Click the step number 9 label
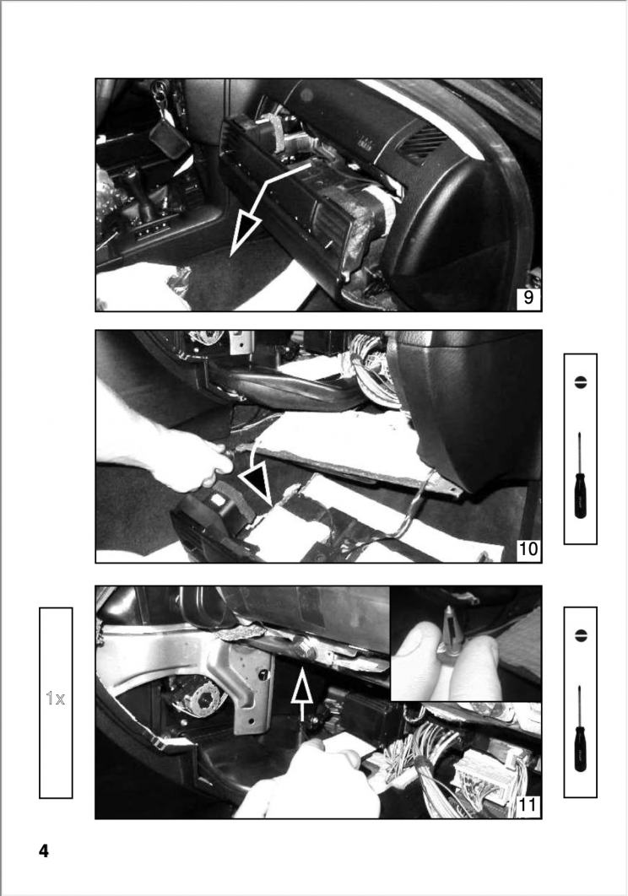pyautogui.click(x=527, y=298)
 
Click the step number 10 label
pyautogui.click(x=527, y=550)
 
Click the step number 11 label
pyautogui.click(x=526, y=806)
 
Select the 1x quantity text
pyautogui.click(x=55, y=699)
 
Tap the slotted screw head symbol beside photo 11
pyautogui.click(x=580, y=634)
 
